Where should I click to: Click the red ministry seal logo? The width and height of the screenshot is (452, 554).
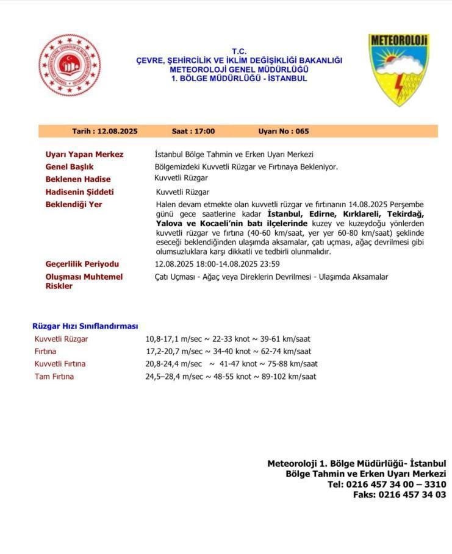point(70,65)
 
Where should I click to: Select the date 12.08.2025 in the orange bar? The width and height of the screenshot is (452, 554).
point(117,131)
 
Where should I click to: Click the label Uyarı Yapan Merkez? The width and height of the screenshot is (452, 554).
point(84,155)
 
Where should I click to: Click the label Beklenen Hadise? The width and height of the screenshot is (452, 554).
point(78,179)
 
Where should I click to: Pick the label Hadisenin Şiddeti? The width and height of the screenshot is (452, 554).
point(79,192)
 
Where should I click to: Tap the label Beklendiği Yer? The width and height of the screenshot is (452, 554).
point(74,204)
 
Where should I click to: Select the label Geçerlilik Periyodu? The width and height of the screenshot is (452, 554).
point(82,264)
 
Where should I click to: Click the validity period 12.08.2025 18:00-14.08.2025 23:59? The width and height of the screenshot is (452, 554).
point(217,264)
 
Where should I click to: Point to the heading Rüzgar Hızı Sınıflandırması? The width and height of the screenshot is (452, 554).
point(85,326)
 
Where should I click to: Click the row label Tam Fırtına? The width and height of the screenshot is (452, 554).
point(54,377)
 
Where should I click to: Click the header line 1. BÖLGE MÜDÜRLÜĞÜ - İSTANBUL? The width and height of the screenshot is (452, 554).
point(239,79)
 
